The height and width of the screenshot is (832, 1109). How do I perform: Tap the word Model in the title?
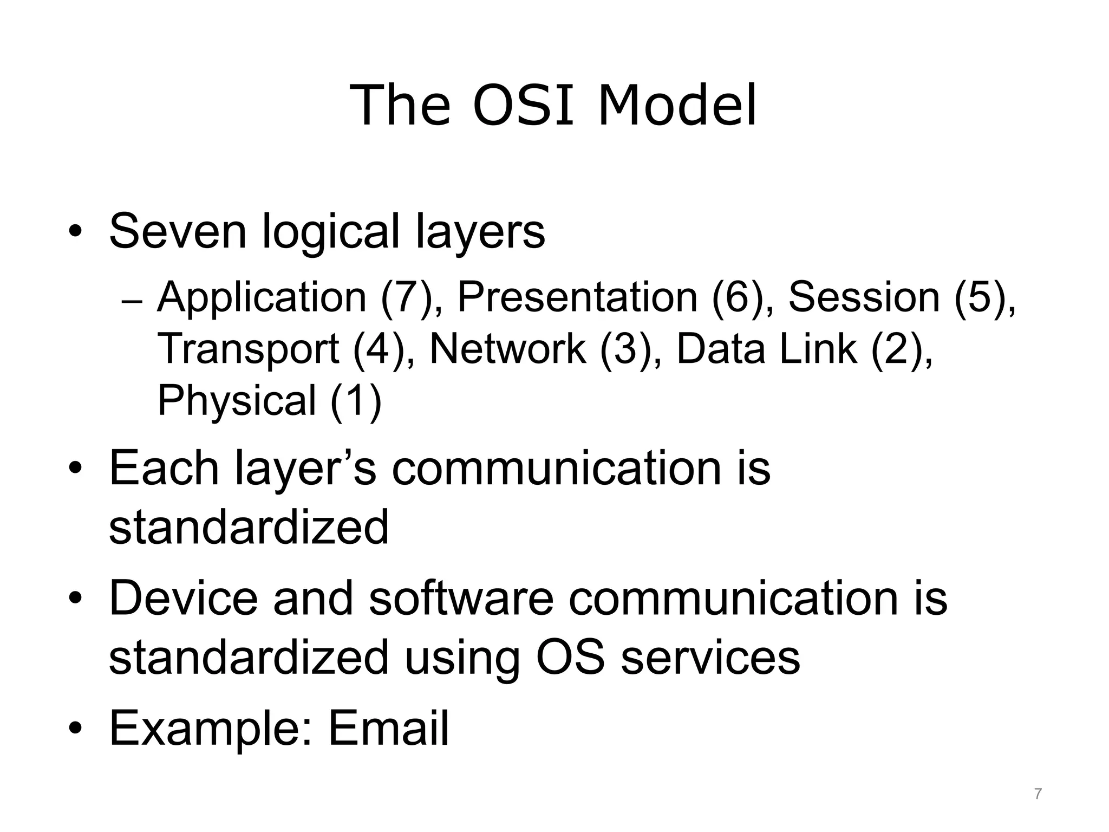(x=676, y=106)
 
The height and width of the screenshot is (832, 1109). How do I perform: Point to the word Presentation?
(x=577, y=298)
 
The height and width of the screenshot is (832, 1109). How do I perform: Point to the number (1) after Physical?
(x=356, y=401)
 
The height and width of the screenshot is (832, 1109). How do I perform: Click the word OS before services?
(x=570, y=657)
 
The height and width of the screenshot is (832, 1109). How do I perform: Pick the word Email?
(x=388, y=728)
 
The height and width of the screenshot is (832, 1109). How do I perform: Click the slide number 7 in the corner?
(x=1037, y=794)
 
